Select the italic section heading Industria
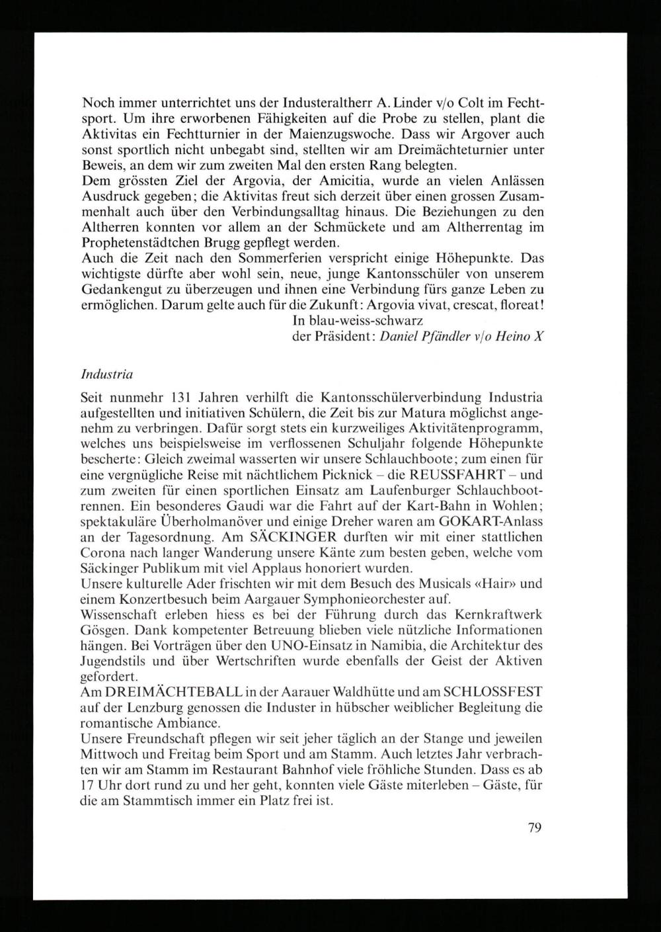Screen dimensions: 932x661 106,374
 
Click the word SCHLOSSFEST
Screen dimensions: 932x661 493,693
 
